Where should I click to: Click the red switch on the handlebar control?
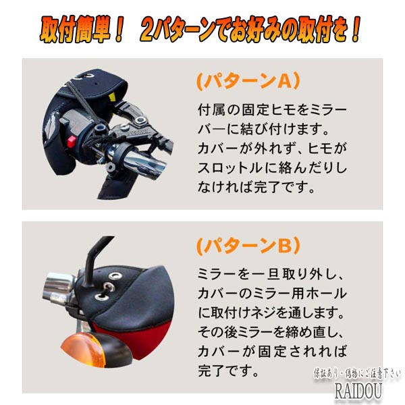click(72, 141)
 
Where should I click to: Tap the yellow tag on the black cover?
click(112, 97)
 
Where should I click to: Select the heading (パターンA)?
click(248, 82)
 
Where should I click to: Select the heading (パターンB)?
click(248, 246)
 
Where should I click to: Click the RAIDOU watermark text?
click(358, 391)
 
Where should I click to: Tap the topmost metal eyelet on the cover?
click(115, 276)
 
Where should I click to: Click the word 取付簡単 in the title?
click(75, 29)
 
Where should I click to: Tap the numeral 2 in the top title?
click(147, 30)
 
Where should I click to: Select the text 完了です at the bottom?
click(228, 371)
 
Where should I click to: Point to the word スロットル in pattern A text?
click(231, 168)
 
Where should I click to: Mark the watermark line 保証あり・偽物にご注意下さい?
click(357, 374)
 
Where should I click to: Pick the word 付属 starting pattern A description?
click(211, 110)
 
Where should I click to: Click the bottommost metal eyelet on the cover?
click(102, 297)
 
